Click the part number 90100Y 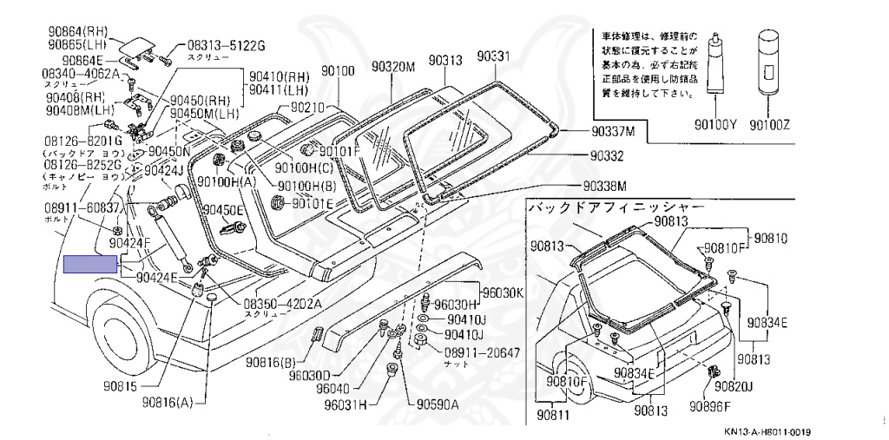(x=714, y=125)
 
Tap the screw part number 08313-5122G (x=223, y=45)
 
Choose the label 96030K (x=504, y=292)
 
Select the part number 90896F (x=710, y=406)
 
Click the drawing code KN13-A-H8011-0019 (x=774, y=431)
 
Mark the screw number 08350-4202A (x=282, y=304)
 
